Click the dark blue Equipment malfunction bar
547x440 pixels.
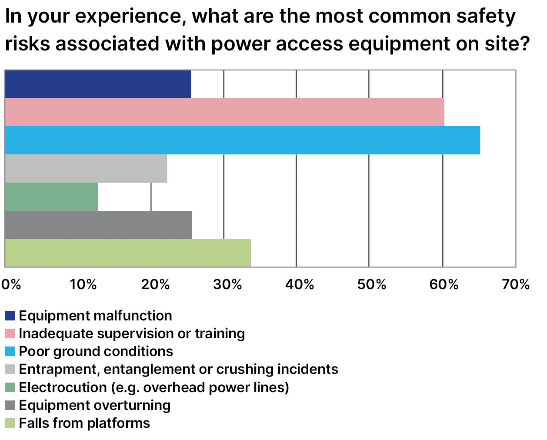tap(98, 84)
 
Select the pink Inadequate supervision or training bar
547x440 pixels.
tap(224, 112)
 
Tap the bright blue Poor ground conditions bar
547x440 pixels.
tap(242, 140)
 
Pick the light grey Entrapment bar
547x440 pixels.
tap(86, 169)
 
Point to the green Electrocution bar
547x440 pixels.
tap(51, 197)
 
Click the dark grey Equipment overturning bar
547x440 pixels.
tap(98, 225)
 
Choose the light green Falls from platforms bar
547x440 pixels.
tap(128, 253)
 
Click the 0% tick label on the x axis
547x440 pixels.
tap(11, 284)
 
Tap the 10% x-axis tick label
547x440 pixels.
tap(83, 284)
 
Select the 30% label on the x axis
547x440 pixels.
tap(227, 284)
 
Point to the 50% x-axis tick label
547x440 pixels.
tap(372, 284)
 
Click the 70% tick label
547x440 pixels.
tap(516, 284)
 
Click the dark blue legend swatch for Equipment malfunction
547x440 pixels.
tap(10, 316)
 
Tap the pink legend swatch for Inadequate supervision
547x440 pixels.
tap(10, 333)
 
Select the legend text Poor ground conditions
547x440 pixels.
tap(96, 351)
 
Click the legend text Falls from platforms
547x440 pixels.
tap(84, 423)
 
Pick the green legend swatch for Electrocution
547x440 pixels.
tap(10, 387)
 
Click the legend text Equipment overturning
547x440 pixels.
tap(95, 405)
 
